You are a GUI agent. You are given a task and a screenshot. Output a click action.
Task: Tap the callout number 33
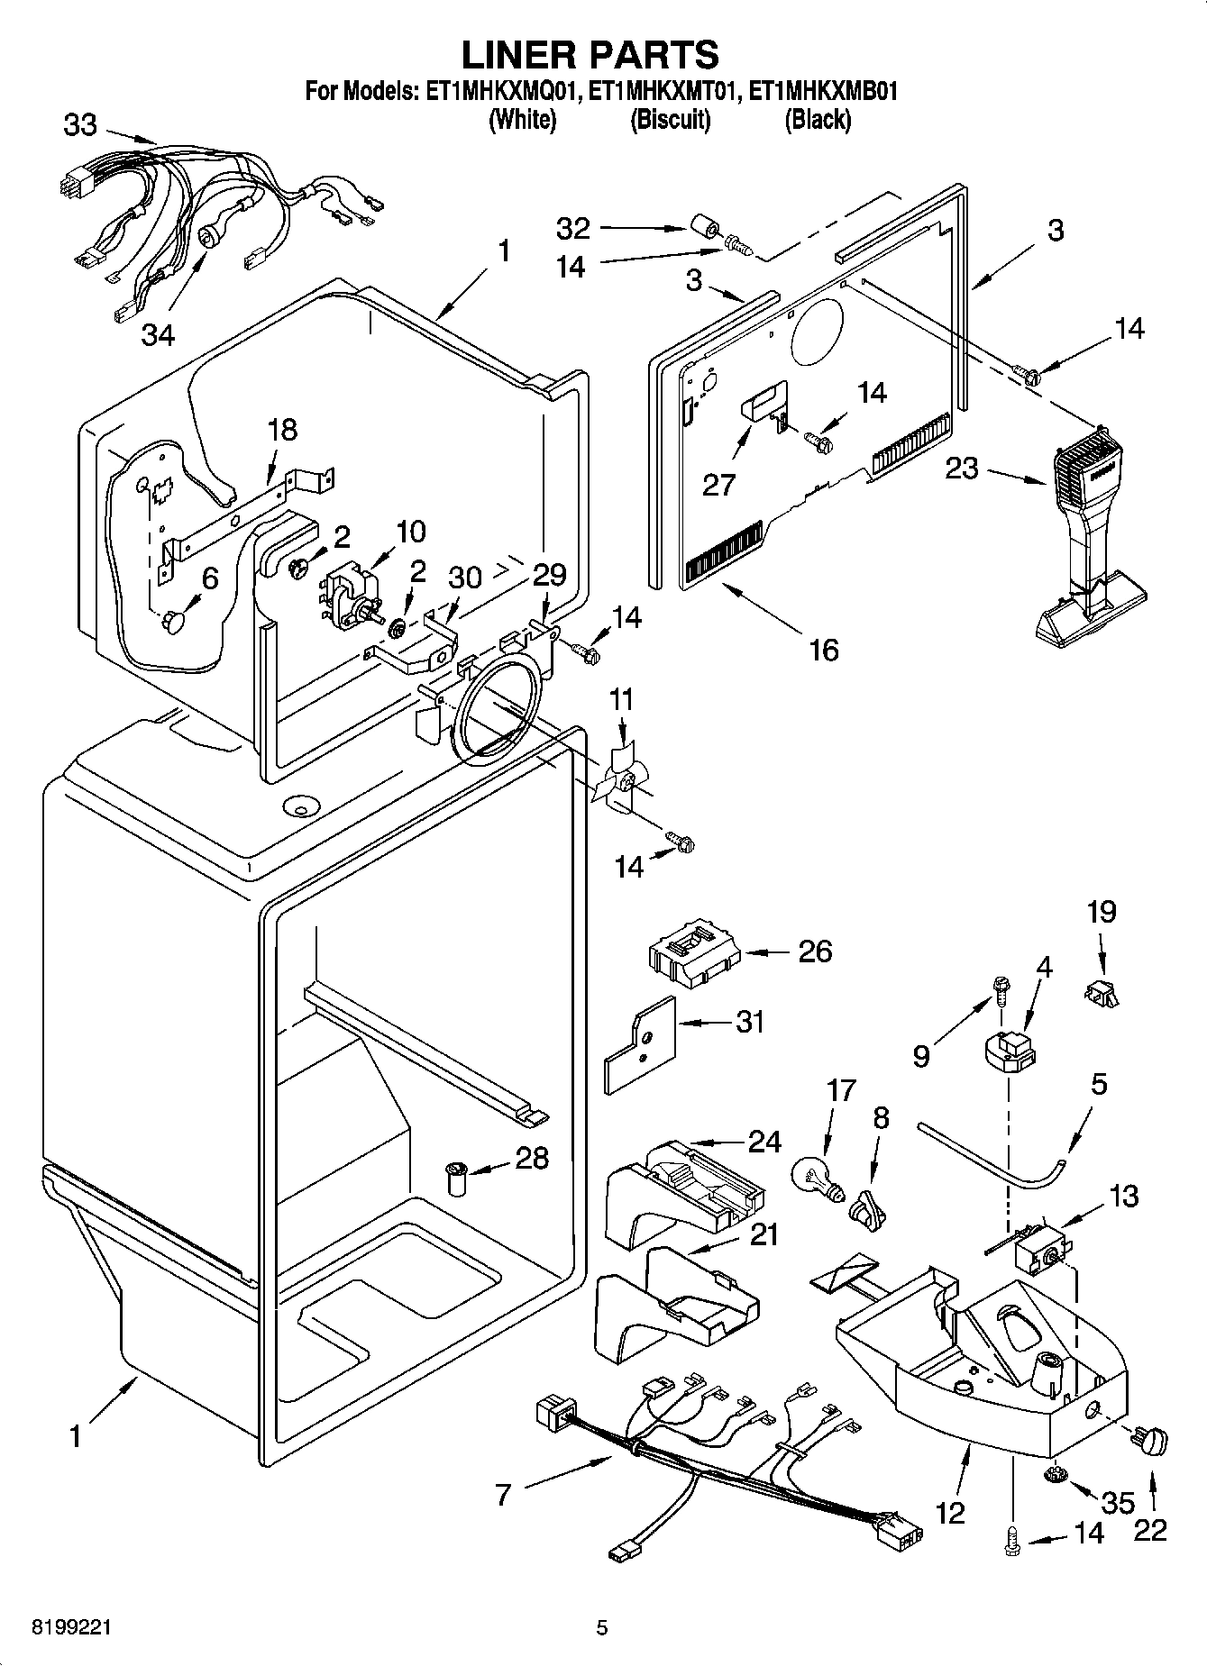[79, 124]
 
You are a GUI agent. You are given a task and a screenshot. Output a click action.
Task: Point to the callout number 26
[815, 951]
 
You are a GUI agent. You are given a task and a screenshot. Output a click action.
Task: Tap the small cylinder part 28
[456, 1179]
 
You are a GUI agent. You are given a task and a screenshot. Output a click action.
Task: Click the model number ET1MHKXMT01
[663, 91]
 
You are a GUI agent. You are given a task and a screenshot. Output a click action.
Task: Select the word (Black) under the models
[818, 119]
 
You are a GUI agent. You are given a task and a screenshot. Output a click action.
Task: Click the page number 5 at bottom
[602, 1627]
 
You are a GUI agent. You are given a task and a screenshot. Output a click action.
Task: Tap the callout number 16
[824, 649]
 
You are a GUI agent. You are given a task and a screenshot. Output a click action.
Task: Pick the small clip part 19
[1100, 993]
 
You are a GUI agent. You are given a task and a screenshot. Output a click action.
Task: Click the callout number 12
[952, 1511]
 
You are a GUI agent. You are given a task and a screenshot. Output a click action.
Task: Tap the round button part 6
[174, 621]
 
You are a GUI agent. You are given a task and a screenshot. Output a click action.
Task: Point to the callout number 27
[719, 485]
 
